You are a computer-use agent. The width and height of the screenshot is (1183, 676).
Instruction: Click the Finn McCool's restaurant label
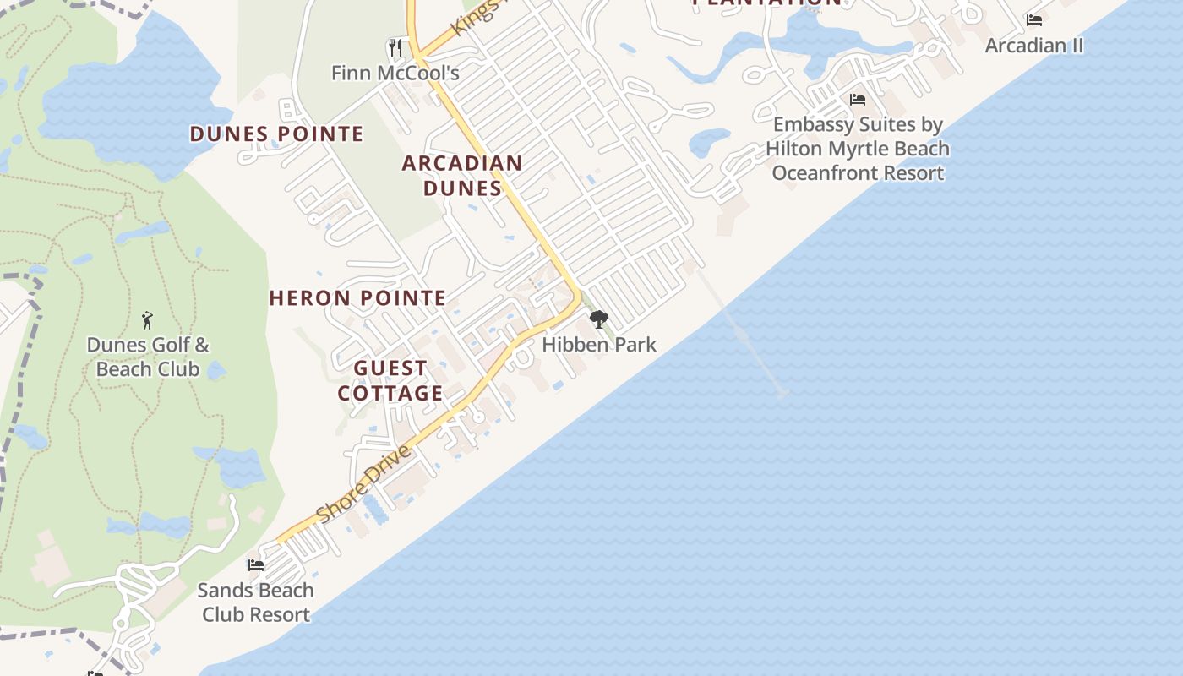pyautogui.click(x=395, y=73)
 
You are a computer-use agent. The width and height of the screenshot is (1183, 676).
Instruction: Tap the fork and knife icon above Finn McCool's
pyautogui.click(x=395, y=46)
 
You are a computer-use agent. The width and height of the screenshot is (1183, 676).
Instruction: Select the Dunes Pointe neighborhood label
pyautogui.click(x=276, y=134)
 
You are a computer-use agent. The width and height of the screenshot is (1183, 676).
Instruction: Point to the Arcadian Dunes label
pyautogui.click(x=462, y=175)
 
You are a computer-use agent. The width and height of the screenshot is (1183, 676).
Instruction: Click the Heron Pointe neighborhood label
pyautogui.click(x=357, y=297)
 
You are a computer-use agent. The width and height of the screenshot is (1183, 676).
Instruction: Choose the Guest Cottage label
pyautogui.click(x=390, y=380)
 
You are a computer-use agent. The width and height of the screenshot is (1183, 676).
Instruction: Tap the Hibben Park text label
pyautogui.click(x=599, y=345)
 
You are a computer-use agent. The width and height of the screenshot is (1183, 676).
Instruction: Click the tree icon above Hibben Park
pyautogui.click(x=599, y=319)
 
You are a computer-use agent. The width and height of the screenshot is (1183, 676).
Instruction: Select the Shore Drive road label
pyautogui.click(x=363, y=483)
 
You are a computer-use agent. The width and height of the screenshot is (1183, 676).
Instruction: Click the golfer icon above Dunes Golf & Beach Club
pyautogui.click(x=148, y=320)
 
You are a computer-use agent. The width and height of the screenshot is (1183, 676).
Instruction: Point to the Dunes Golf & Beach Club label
pyautogui.click(x=148, y=357)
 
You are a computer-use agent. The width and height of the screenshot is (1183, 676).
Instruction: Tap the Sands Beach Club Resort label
pyautogui.click(x=256, y=602)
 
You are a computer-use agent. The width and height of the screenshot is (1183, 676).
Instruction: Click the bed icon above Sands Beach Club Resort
pyautogui.click(x=256, y=564)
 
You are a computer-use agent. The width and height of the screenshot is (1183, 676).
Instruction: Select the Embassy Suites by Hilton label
pyautogui.click(x=858, y=149)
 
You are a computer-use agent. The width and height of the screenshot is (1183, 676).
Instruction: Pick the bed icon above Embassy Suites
pyautogui.click(x=858, y=100)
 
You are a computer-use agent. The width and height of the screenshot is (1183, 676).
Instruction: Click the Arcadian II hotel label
pyautogui.click(x=1034, y=45)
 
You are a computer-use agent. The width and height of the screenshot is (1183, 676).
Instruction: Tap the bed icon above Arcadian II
pyautogui.click(x=1034, y=19)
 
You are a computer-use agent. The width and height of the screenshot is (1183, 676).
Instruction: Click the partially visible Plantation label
pyautogui.click(x=767, y=3)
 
